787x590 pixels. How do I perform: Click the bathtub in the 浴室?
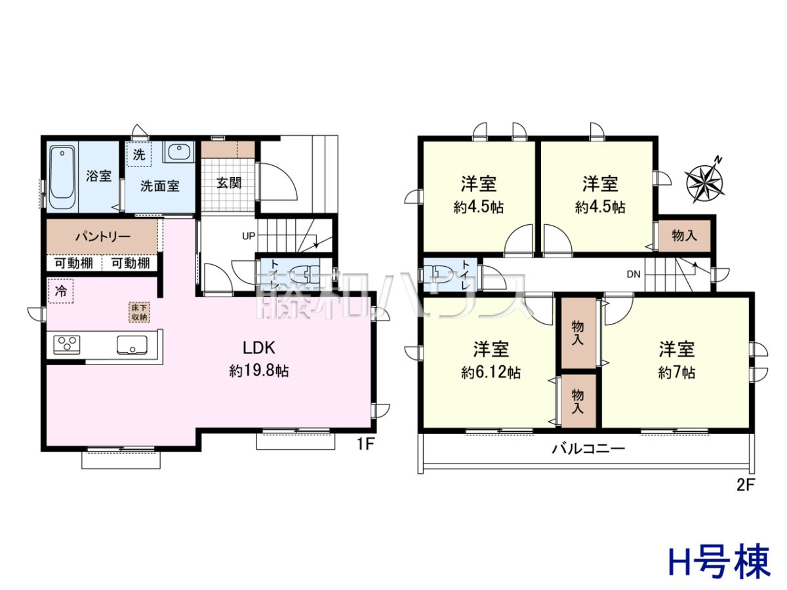click(x=62, y=177)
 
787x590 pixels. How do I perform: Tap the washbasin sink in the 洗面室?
click(x=179, y=151)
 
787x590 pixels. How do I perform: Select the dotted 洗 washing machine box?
click(x=139, y=154)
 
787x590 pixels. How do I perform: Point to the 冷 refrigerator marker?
click(x=61, y=291)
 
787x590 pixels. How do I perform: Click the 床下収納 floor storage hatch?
click(x=139, y=313)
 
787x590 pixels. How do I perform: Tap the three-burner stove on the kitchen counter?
click(x=67, y=345)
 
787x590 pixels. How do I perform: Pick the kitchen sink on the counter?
click(x=132, y=345)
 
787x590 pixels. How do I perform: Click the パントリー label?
click(x=102, y=237)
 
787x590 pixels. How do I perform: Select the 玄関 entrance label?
click(x=229, y=183)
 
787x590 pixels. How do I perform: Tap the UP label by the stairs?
click(x=249, y=236)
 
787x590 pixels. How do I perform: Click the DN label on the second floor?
click(x=634, y=274)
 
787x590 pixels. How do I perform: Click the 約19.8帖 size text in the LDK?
click(x=259, y=371)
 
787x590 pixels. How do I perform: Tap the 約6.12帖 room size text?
click(x=491, y=372)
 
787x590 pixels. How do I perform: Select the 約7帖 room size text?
click(x=677, y=372)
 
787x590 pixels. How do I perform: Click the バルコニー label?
click(x=588, y=448)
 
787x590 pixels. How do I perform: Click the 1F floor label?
click(x=365, y=444)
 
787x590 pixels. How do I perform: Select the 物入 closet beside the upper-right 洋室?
click(x=684, y=236)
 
